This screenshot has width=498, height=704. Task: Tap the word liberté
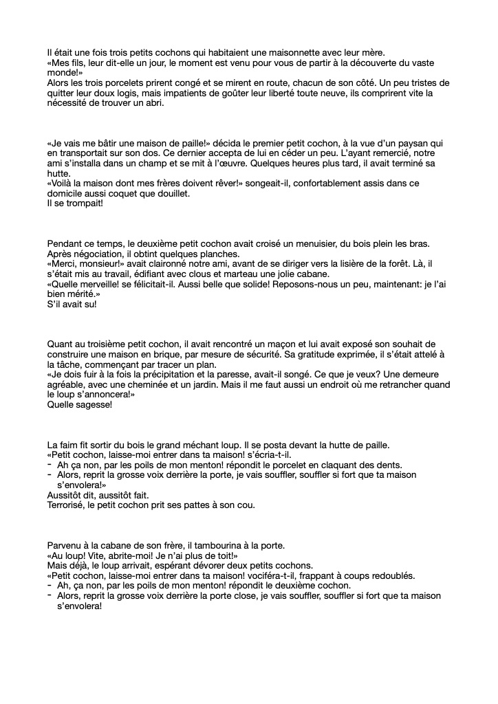(270, 93)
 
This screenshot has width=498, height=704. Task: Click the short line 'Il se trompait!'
(75, 203)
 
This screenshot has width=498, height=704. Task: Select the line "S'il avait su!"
(72, 304)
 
